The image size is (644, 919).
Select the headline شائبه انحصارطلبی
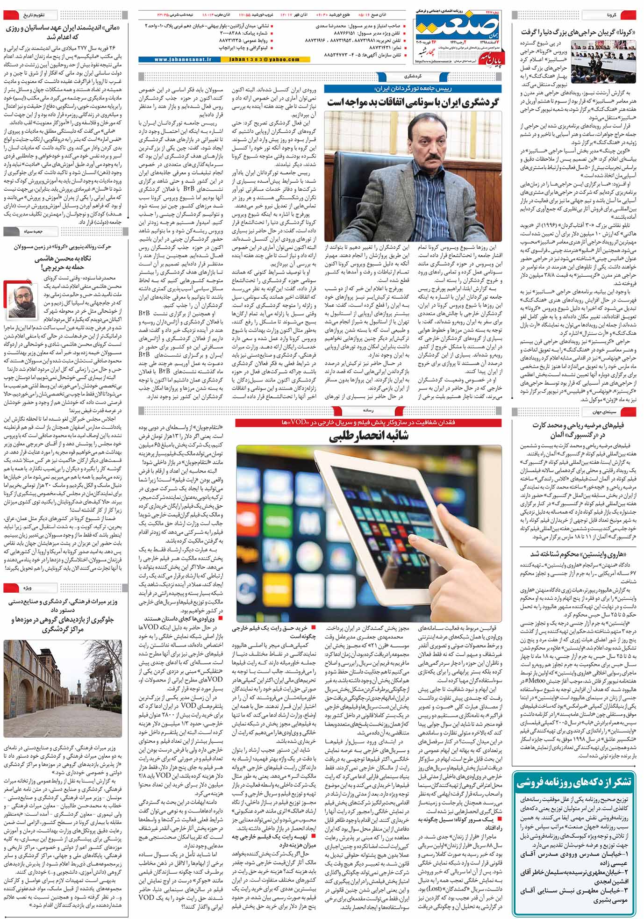coord(369,436)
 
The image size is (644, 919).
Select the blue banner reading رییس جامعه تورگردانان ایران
coord(413,88)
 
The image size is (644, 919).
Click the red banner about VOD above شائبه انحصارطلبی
coord(369,423)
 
